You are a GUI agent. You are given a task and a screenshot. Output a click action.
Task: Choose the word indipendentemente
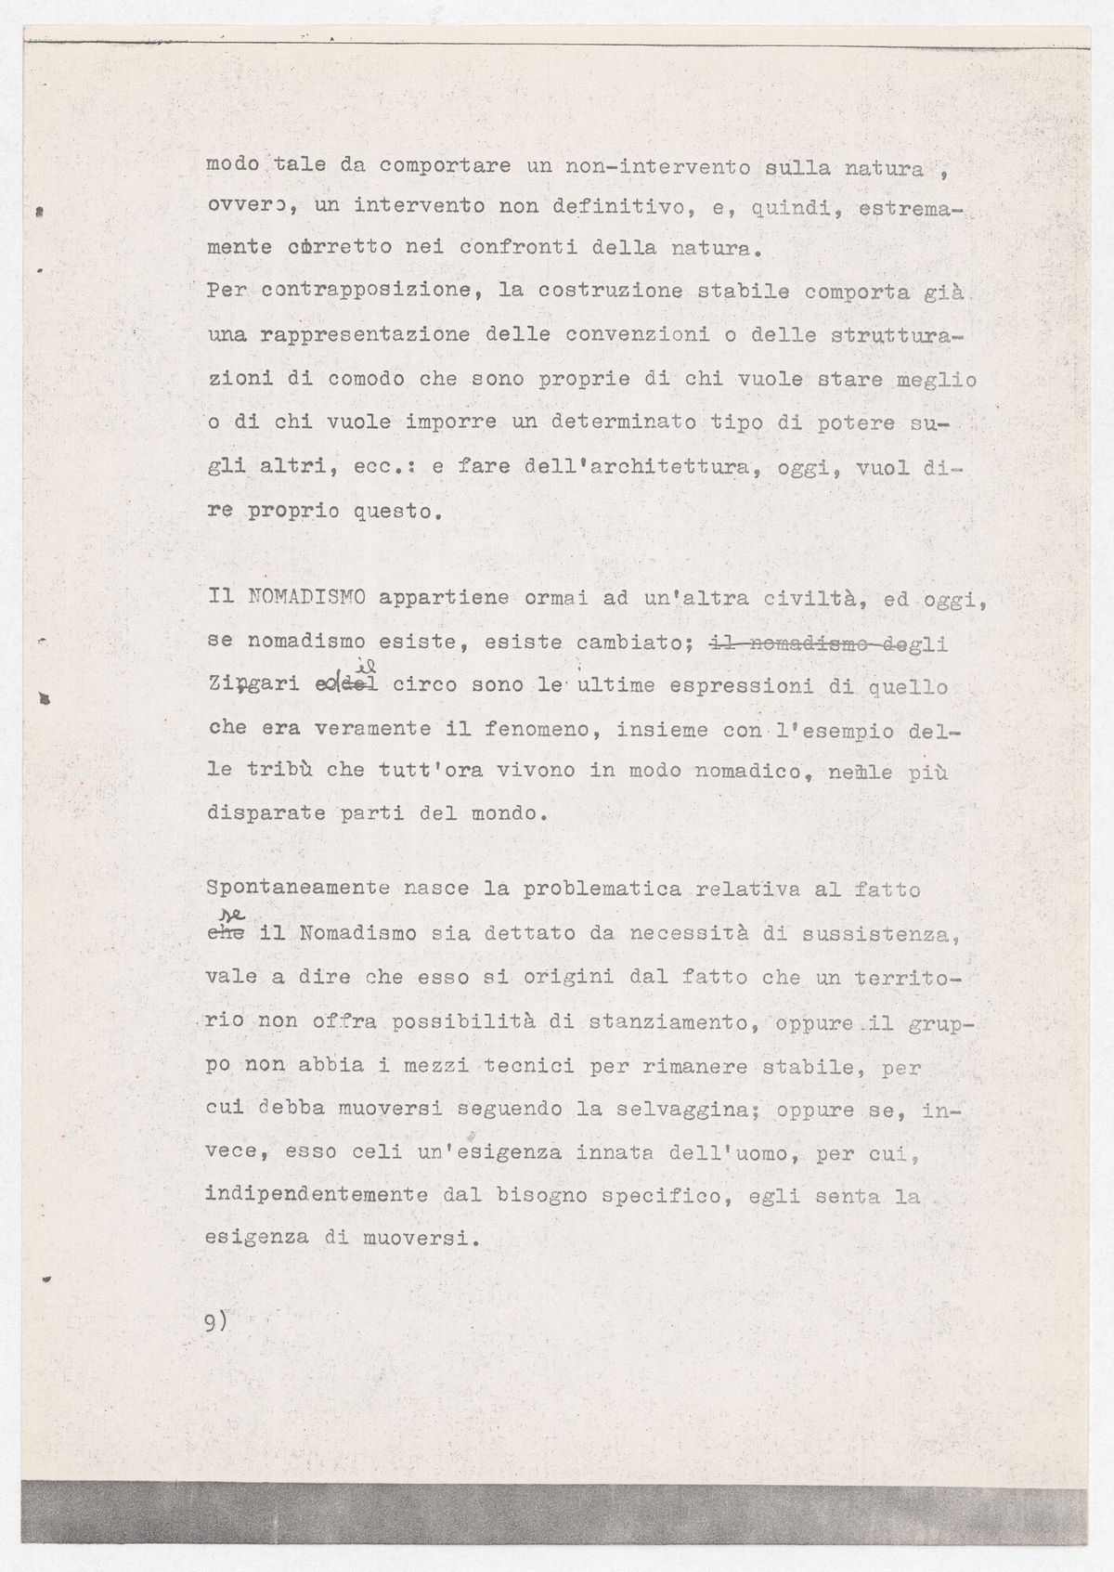coord(316,1196)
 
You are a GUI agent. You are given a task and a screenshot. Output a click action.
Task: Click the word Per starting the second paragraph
coord(227,291)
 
